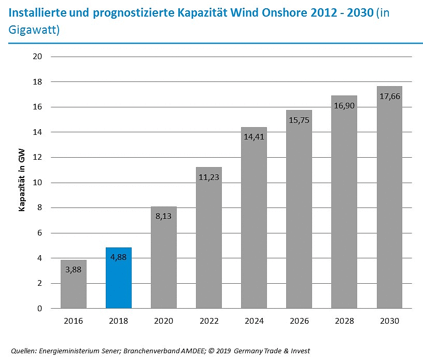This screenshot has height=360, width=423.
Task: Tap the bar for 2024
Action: point(254,218)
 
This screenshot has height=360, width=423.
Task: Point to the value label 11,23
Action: point(209,176)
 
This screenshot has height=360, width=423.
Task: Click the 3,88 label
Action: point(74,269)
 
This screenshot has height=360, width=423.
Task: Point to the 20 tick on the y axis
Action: point(37,57)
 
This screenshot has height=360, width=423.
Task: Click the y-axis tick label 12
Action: point(37,158)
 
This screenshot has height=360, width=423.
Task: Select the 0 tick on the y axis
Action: point(39,309)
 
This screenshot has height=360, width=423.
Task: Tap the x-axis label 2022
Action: point(209,321)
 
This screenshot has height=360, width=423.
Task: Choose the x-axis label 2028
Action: point(344,321)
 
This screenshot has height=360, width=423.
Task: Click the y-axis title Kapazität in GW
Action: point(22,183)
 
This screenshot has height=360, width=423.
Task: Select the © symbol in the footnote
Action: point(212,351)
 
